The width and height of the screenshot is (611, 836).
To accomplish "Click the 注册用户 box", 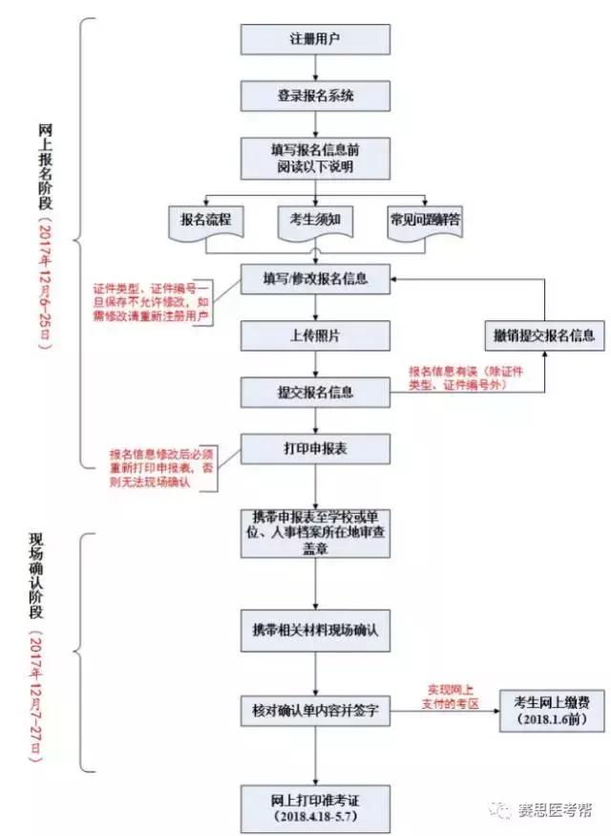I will point(315,39).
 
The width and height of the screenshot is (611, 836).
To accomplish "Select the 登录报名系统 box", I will point(315,96).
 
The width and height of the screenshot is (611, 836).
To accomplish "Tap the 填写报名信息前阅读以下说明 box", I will point(315,158).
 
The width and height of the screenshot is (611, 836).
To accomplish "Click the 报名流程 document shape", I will point(205,220).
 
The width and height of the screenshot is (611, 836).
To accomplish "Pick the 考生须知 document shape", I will point(315,220).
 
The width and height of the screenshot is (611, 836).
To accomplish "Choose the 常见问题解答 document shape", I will point(425,220).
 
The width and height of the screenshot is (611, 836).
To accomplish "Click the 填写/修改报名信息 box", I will point(315,279).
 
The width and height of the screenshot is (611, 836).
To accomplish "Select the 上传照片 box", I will point(315,335).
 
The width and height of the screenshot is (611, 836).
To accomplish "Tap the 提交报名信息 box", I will point(315,392).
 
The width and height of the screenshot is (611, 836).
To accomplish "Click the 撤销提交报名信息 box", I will point(543,335).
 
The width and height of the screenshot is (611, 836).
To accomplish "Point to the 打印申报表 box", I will point(315,448).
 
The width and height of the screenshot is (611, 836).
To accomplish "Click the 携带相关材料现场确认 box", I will point(315,632).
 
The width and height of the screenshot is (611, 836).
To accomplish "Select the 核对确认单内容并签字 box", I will point(315,710).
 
